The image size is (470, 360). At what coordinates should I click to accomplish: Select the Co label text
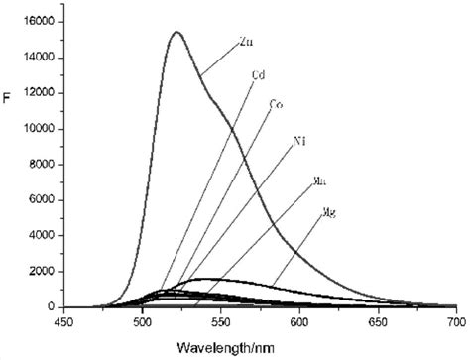click(275, 104)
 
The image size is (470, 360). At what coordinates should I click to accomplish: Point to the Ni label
click(298, 141)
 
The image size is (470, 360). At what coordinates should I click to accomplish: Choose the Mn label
click(319, 180)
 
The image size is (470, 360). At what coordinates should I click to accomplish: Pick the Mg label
click(330, 213)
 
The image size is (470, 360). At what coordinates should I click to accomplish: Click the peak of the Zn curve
click(176, 32)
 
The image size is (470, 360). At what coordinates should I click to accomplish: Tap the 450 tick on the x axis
click(64, 322)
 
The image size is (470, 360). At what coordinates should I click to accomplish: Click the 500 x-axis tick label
click(143, 322)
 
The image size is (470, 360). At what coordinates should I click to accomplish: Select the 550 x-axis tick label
click(221, 322)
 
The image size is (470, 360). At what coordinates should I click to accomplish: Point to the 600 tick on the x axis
click(299, 322)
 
